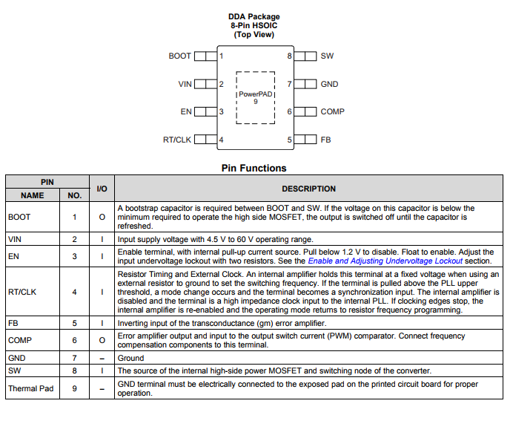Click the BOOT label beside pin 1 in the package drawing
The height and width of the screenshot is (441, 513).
pyautogui.click(x=179, y=56)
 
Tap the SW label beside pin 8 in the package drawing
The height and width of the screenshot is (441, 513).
pyautogui.click(x=327, y=56)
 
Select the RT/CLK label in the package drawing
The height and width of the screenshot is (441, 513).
pyautogui.click(x=177, y=140)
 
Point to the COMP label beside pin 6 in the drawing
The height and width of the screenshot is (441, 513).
pyautogui.click(x=332, y=112)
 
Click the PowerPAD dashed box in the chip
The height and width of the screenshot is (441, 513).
pyautogui.click(x=256, y=97)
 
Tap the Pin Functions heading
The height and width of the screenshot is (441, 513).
pyautogui.click(x=254, y=168)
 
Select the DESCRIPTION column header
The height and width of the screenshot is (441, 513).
pyautogui.click(x=308, y=189)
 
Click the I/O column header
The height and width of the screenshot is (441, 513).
pyautogui.click(x=102, y=189)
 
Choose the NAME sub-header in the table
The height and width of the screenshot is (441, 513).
pyautogui.click(x=32, y=195)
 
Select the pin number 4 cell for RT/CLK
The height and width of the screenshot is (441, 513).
pyautogui.click(x=74, y=292)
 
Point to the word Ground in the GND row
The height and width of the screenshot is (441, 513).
pyautogui.click(x=130, y=358)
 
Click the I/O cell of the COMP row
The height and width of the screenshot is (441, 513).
pyautogui.click(x=102, y=340)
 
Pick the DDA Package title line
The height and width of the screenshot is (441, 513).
pyautogui.click(x=254, y=17)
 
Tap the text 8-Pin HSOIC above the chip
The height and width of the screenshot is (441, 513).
pyautogui.click(x=254, y=26)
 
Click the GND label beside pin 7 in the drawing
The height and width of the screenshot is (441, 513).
pyautogui.click(x=329, y=84)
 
